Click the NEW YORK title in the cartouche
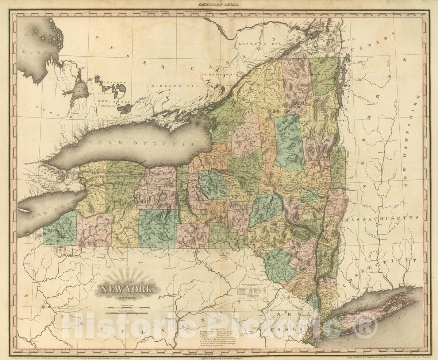click(x=127, y=290)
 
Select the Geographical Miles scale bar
click(x=127, y=313)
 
